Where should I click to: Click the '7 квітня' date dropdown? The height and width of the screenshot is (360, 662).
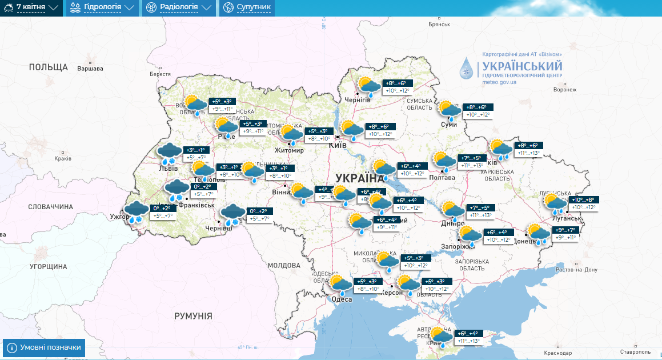coord(31,7)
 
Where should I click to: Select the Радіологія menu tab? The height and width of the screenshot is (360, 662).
coord(178,7)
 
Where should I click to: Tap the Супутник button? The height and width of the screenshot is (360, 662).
coord(247,7)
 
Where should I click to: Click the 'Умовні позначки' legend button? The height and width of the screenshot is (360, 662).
coord(45,347)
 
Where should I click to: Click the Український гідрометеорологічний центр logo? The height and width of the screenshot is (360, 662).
coord(511,69)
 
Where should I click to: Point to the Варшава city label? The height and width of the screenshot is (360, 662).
coord(90,69)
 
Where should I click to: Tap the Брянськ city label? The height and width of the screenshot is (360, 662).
coord(439,25)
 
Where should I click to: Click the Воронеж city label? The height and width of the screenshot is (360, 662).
coord(565,90)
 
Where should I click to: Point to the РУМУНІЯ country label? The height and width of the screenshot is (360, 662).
coord(193,316)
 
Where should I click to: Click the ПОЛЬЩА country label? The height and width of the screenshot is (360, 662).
coord(49,67)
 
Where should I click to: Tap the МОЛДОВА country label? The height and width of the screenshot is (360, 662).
coord(284,266)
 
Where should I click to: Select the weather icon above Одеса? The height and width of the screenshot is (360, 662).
coord(340,285)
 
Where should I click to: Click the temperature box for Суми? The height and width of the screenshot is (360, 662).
coord(479,111)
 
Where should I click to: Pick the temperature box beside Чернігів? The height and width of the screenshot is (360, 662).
coord(398,87)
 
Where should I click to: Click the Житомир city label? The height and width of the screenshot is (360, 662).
coord(289,150)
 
